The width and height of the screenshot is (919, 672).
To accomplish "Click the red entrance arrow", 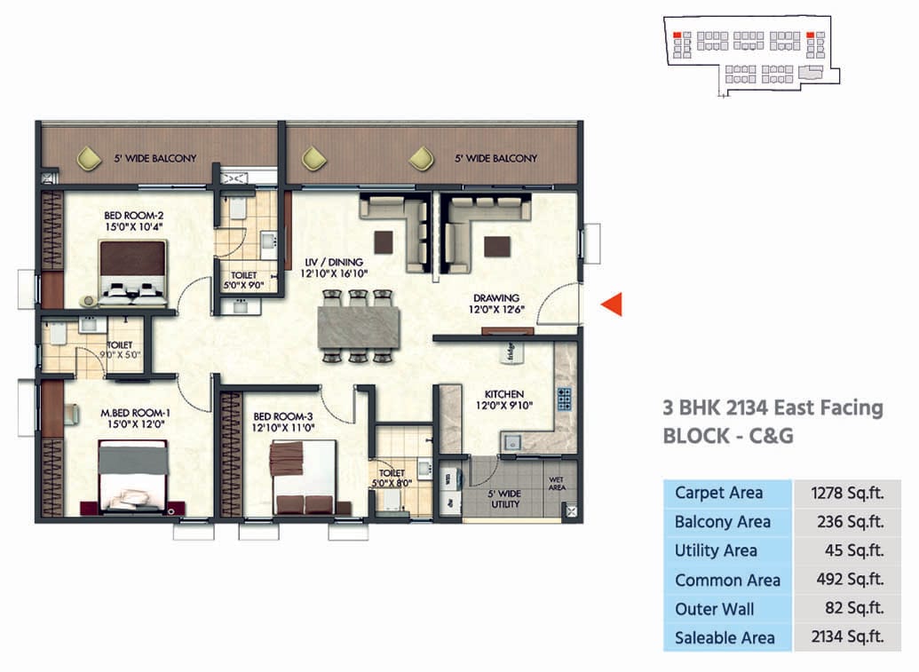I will click(x=612, y=304).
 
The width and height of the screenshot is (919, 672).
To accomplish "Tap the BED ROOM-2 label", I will click(x=134, y=216).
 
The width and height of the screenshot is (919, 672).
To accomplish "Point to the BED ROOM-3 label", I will click(x=283, y=416).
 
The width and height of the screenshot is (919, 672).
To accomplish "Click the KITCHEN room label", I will click(x=503, y=394).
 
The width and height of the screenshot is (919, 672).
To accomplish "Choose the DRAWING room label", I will click(x=495, y=298).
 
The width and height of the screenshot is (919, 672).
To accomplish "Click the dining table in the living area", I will click(x=358, y=326).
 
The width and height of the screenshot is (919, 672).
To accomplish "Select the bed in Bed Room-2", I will click(x=132, y=271).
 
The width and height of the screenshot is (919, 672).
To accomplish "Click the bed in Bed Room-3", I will click(x=303, y=478).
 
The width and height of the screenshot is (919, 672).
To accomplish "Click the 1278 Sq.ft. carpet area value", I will click(x=847, y=493).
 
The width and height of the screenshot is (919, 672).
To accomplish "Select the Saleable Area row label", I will click(x=725, y=637).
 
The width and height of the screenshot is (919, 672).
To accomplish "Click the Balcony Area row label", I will click(x=722, y=522).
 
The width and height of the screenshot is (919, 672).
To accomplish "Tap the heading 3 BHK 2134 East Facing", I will click(x=772, y=408).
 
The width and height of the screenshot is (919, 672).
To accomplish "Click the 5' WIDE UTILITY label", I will click(x=505, y=499).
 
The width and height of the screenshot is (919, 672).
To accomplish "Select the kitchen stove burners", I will click(x=562, y=398).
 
